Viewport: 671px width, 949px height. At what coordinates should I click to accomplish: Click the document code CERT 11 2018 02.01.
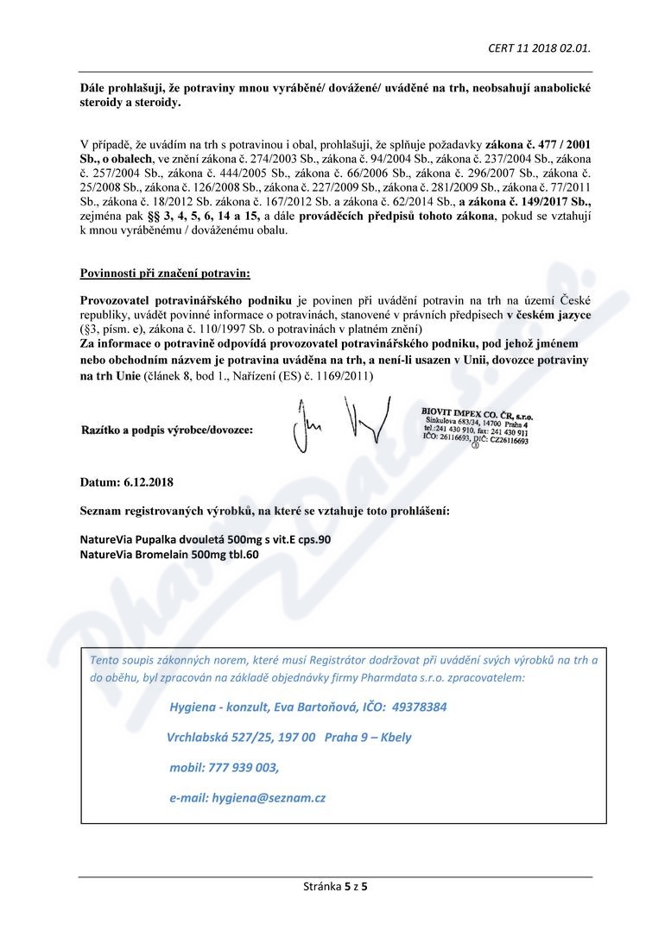pyautogui.click(x=539, y=48)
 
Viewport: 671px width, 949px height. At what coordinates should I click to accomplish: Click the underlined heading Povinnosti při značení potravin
pyautogui.click(x=165, y=273)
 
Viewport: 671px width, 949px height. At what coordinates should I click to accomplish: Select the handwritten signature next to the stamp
pyautogui.click(x=338, y=424)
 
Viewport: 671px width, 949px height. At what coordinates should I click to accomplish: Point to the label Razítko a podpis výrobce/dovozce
pyautogui.click(x=167, y=430)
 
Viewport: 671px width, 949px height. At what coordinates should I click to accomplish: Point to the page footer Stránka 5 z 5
pyautogui.click(x=335, y=886)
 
